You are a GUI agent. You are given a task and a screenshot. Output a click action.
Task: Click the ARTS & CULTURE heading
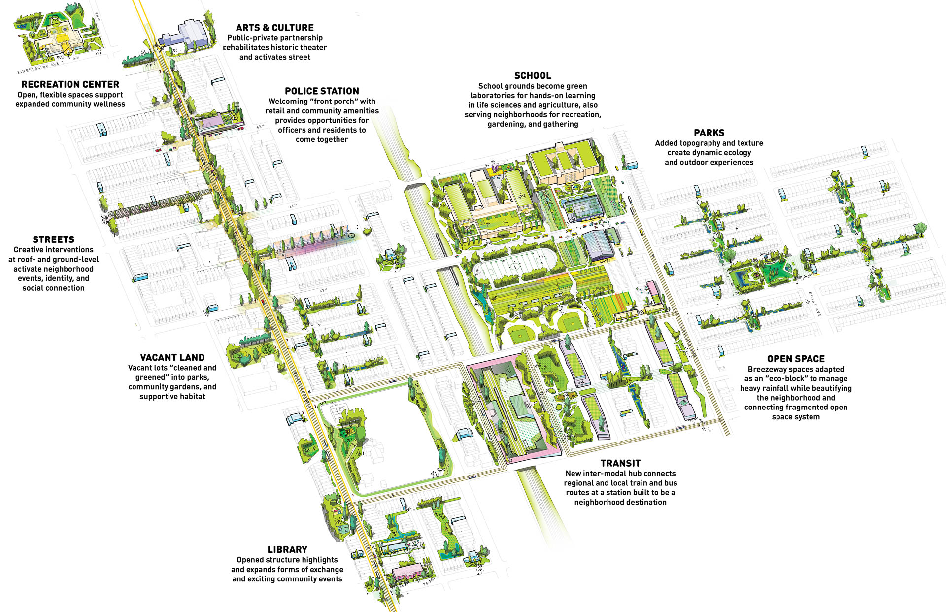coord(274,28)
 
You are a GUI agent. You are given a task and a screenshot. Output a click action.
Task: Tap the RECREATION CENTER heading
coord(70,84)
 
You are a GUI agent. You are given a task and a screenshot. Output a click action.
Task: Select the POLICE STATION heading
coord(322,91)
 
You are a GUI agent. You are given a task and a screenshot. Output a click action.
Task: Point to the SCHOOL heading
coord(533,76)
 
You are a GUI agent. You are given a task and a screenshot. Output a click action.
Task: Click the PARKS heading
coord(709,133)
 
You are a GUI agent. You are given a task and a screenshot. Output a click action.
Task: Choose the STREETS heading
coord(53,240)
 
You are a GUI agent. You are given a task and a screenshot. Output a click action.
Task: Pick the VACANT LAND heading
coord(172,358)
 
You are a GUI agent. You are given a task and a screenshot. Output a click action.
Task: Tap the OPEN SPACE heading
coord(795,359)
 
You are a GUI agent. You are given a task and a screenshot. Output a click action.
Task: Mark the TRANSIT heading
coord(620,464)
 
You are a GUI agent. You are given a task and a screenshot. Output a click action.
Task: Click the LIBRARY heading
coord(287,550)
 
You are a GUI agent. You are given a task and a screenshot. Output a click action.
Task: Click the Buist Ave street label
coord(814,304)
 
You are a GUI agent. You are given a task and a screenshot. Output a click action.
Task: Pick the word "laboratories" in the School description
coord(493,96)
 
